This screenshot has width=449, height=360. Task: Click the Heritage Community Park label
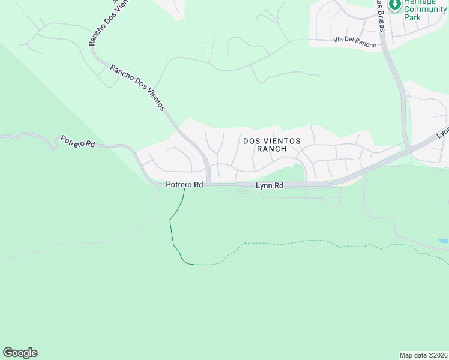(x=424, y=10)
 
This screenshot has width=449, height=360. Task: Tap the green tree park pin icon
(x=395, y=5)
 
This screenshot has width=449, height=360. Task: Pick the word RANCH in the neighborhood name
(x=271, y=149)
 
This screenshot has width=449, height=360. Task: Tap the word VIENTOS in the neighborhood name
(x=280, y=140)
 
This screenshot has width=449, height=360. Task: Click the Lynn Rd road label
(x=270, y=186)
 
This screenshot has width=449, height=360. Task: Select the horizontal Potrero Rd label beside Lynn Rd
(x=185, y=185)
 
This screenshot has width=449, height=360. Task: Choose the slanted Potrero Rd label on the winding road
(x=78, y=142)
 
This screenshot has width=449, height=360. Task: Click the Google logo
(x=20, y=353)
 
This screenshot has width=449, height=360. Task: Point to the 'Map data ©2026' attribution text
(x=423, y=355)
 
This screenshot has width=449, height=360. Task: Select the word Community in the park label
(x=425, y=10)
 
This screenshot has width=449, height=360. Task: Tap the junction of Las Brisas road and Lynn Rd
(x=408, y=149)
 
